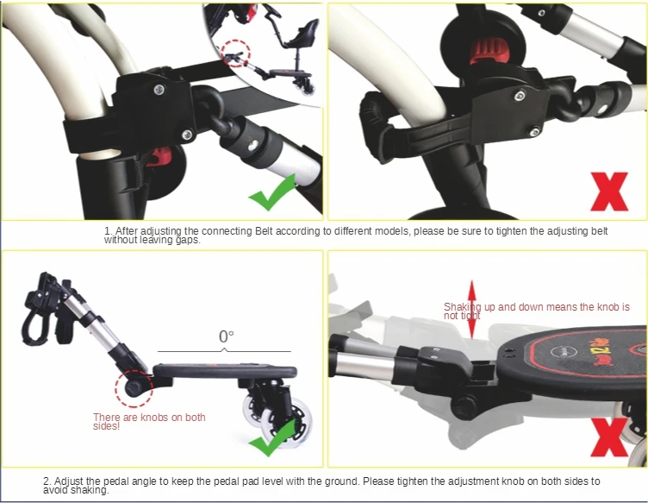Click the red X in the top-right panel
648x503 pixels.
[x=609, y=192]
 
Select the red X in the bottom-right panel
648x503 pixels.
[x=610, y=437]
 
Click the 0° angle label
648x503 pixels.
[x=226, y=336]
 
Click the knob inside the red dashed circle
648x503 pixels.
[x=133, y=389]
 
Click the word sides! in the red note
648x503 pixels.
[x=106, y=426]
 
